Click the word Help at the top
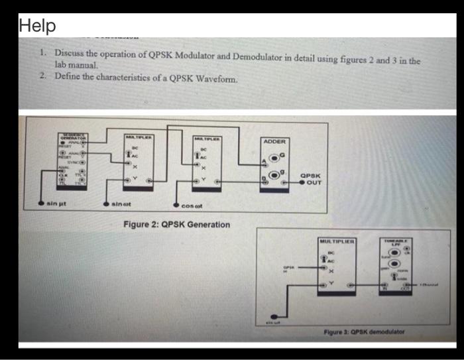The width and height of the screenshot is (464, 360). [x=38, y=27]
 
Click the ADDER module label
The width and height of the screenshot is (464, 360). [x=274, y=141]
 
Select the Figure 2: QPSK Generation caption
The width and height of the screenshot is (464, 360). [x=177, y=225]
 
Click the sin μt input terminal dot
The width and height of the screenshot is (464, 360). [x=42, y=202]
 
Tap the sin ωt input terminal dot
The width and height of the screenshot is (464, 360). [x=105, y=202]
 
